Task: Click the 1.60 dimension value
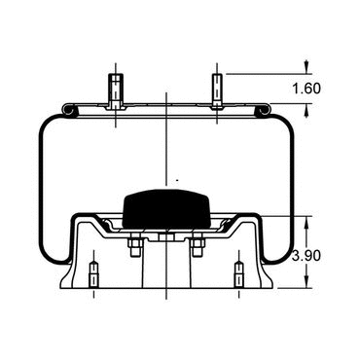pos(306,89)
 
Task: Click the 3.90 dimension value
pos(306,256)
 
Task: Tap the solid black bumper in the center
pos(166,208)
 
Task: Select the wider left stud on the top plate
pos(116,91)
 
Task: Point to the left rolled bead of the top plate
pos(69,110)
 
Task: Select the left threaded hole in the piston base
pos(93,274)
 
